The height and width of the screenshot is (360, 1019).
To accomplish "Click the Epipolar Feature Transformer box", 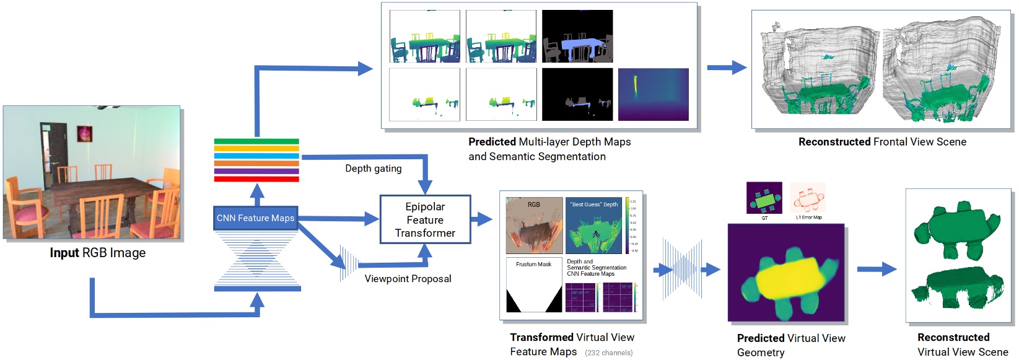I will tap(425, 219).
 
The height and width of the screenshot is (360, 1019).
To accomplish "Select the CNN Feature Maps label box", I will tap(255, 218).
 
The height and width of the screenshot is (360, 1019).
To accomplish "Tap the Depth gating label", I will tap(373, 169).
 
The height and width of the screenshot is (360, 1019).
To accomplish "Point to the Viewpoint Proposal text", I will tap(408, 279).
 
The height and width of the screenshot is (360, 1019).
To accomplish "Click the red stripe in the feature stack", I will tap(256, 179).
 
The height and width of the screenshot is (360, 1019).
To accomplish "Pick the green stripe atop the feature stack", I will tap(256, 141).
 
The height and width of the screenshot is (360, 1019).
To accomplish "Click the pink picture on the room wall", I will tap(84, 133).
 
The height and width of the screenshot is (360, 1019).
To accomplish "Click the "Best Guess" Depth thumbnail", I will tap(593, 226).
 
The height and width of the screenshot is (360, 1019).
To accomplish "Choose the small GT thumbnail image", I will tap(764, 198).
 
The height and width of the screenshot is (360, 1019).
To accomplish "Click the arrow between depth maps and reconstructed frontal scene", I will tap(727, 68).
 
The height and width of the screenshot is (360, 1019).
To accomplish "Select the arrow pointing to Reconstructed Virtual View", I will tap(876, 269).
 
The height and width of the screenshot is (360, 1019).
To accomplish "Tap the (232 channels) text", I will tap(608, 353).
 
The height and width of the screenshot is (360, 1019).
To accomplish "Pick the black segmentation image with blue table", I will tap(577, 36).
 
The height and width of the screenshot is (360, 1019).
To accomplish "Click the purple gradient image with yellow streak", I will tap(653, 94).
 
